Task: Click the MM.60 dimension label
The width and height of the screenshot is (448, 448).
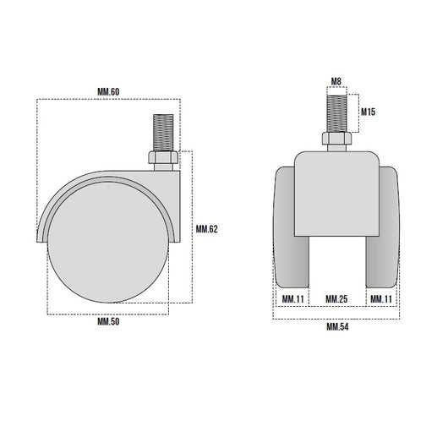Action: click(x=108, y=92)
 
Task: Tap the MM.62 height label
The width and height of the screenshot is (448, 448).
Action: click(x=206, y=229)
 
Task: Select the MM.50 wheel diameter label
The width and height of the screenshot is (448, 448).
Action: click(x=108, y=321)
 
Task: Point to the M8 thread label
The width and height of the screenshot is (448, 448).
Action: click(x=336, y=81)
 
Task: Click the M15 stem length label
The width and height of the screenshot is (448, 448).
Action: click(x=368, y=112)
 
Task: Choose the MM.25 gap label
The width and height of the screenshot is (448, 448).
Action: click(x=336, y=299)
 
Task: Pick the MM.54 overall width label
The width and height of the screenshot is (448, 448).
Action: click(x=337, y=326)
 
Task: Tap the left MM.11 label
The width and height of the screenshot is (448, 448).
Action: click(x=292, y=299)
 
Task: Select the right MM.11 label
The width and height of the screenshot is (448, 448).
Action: click(x=381, y=299)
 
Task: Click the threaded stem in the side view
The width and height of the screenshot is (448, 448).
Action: click(x=163, y=133)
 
